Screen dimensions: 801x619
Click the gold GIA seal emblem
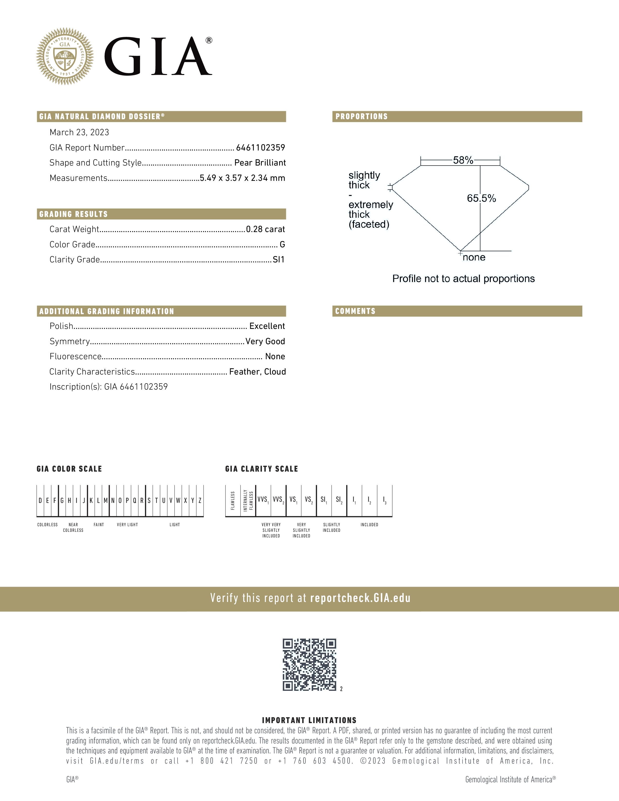pyautogui.click(x=65, y=56)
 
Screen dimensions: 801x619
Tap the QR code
pyautogui.click(x=309, y=665)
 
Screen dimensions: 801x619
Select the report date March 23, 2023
pyautogui.click(x=79, y=132)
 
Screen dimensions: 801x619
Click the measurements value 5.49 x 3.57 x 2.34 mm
pyautogui.click(x=243, y=178)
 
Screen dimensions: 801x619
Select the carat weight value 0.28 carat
pyautogui.click(x=265, y=229)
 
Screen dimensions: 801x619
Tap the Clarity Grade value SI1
pyautogui.click(x=279, y=260)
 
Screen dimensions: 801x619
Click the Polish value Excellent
pyautogui.click(x=267, y=326)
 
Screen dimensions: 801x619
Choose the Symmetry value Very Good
pyautogui.click(x=265, y=342)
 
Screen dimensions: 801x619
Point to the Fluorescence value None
pyautogui.click(x=275, y=357)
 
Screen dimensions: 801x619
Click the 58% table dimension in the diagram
pyautogui.click(x=463, y=160)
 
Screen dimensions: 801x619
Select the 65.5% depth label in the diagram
pyautogui.click(x=481, y=198)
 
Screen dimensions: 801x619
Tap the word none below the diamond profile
pyautogui.click(x=474, y=258)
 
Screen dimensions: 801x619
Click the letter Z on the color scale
pyautogui.click(x=200, y=501)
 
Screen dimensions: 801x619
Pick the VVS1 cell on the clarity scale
pyautogui.click(x=263, y=500)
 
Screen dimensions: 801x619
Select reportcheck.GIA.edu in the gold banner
pyautogui.click(x=360, y=598)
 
